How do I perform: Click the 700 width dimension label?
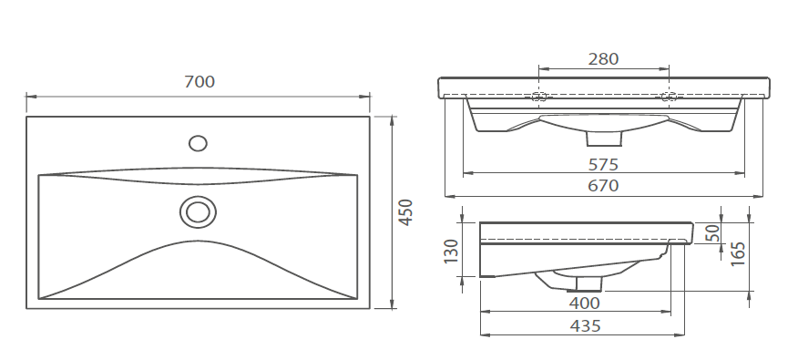[199, 81]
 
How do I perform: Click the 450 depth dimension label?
[405, 212]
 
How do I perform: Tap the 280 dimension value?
[604, 59]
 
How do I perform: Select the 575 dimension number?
[604, 164]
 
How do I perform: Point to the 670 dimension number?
[604, 186]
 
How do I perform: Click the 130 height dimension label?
[452, 251]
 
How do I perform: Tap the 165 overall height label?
[738, 253]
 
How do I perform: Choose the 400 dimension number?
[584, 303]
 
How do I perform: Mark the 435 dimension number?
[585, 326]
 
